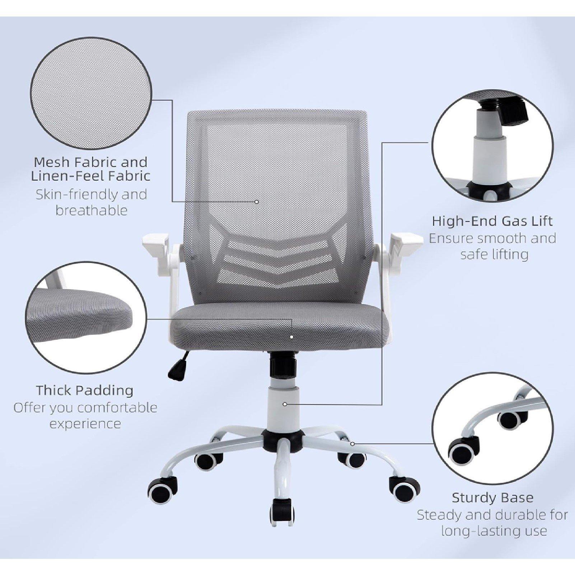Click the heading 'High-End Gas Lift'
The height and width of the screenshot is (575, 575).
[x=492, y=221]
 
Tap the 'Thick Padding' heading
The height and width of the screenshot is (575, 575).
[x=84, y=390]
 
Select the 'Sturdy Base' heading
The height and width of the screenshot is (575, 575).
[x=492, y=498]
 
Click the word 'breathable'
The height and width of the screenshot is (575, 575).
[x=92, y=210]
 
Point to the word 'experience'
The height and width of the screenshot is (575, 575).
[x=85, y=424]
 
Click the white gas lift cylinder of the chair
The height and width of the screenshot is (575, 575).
[x=282, y=409]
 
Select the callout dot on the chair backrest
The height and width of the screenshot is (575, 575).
[x=256, y=202]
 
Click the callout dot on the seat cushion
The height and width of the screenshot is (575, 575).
[x=291, y=337]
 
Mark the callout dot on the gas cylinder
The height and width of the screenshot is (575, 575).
[x=285, y=404]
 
